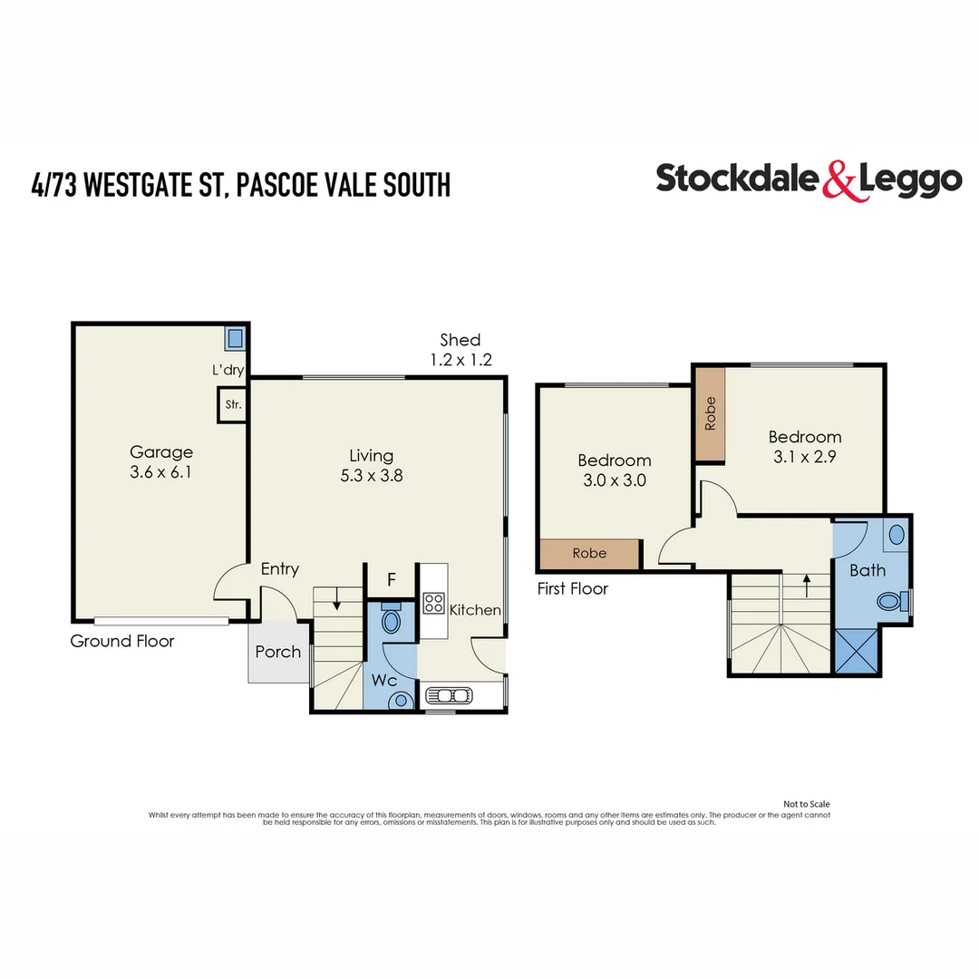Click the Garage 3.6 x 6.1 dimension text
[161, 471]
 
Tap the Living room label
[372, 456]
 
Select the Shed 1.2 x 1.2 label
[460, 350]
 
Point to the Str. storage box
[232, 405]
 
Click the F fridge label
[392, 579]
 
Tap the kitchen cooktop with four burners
[433, 604]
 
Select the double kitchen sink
[449, 696]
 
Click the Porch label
[278, 652]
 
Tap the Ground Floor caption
[122, 642]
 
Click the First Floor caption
[573, 589]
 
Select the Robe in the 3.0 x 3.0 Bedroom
[589, 553]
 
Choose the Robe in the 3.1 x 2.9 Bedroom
[711, 414]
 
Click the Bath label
[868, 571]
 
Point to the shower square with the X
[856, 650]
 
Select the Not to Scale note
[806, 804]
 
